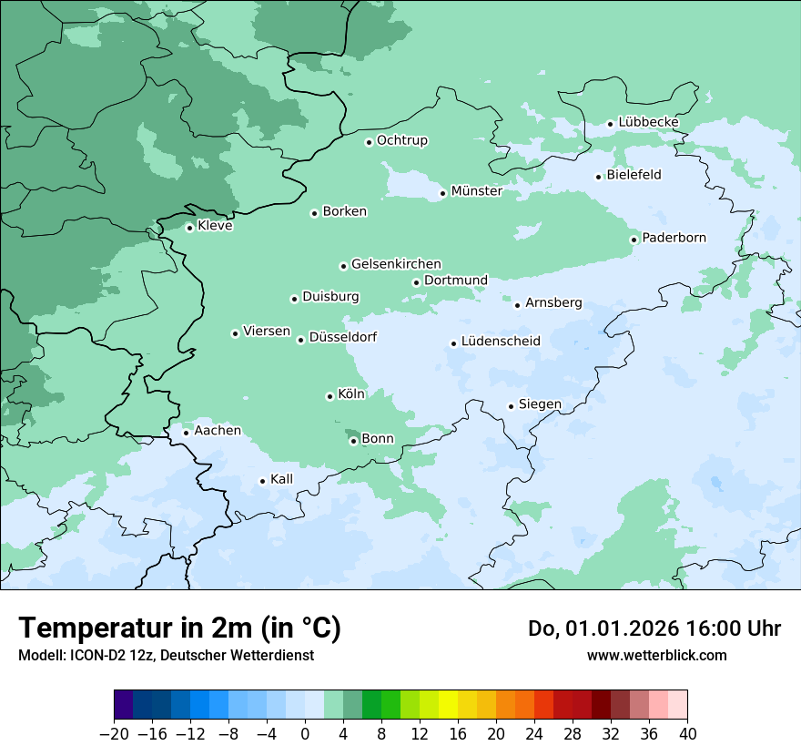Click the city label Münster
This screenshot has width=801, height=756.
pyautogui.click(x=476, y=191)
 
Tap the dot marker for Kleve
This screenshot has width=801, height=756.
pyautogui.click(x=189, y=228)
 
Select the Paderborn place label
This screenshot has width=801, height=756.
pyautogui.click(x=674, y=238)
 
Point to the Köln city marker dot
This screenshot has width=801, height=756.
pyautogui.click(x=330, y=396)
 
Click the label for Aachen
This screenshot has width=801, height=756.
pyautogui.click(x=218, y=430)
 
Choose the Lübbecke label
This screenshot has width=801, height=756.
pyautogui.click(x=648, y=122)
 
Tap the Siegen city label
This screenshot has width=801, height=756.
pyautogui.click(x=540, y=404)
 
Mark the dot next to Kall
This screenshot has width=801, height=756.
pyautogui.click(x=262, y=481)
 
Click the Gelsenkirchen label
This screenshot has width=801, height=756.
pyautogui.click(x=396, y=264)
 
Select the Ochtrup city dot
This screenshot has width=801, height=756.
pyautogui.click(x=369, y=142)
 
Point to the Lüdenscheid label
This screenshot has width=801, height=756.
pyautogui.click(x=501, y=342)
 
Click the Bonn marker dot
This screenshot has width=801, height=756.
pyautogui.click(x=353, y=441)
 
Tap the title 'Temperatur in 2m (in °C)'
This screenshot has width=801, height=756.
pyautogui.click(x=179, y=628)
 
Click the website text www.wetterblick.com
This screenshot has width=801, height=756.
pyautogui.click(x=656, y=655)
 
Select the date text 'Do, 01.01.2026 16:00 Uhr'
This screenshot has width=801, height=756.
pyautogui.click(x=654, y=628)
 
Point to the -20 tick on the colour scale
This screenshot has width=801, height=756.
pyautogui.click(x=115, y=734)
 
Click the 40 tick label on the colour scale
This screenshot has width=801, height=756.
pyautogui.click(x=687, y=734)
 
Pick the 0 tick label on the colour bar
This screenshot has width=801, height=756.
pyautogui.click(x=305, y=734)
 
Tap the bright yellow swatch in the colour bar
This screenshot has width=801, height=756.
pyautogui.click(x=448, y=705)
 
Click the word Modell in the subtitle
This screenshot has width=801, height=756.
pyautogui.click(x=39, y=656)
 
